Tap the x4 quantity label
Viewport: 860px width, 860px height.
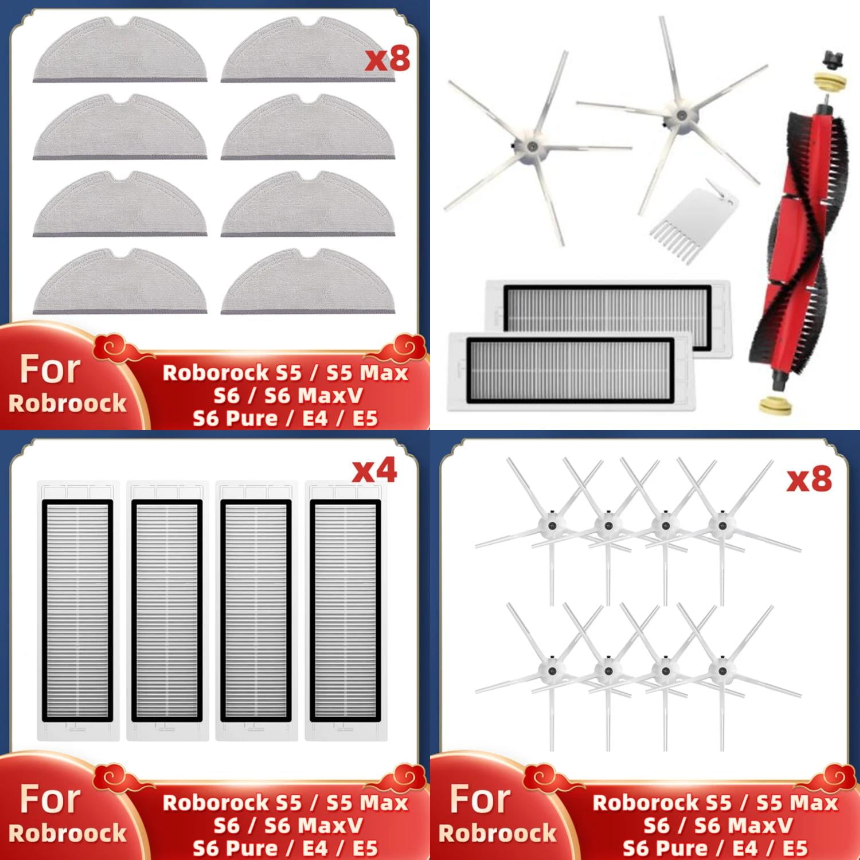[374, 471]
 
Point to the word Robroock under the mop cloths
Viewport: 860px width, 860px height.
[67, 403]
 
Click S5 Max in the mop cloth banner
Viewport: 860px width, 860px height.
[367, 373]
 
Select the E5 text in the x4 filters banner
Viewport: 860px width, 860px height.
[365, 848]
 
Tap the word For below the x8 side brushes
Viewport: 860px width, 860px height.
[480, 799]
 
